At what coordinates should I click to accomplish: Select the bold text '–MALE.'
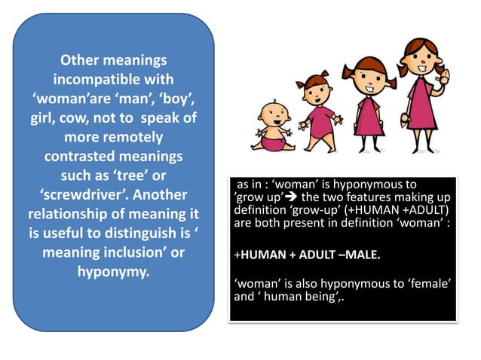click(x=357, y=255)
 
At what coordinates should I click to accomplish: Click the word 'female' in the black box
click(x=427, y=282)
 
